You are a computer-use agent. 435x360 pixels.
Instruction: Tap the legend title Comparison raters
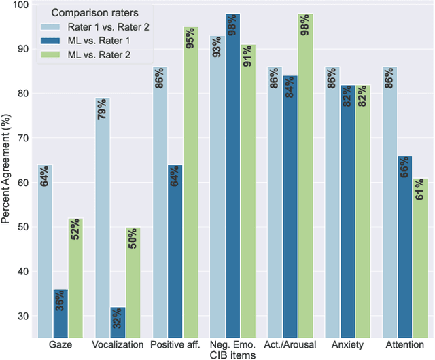click(93, 13)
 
